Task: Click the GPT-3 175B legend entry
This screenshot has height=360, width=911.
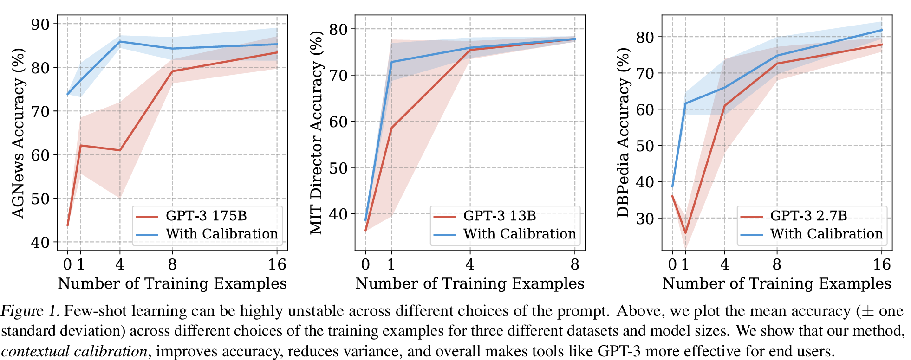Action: click(x=206, y=216)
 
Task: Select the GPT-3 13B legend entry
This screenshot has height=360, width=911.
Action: click(x=499, y=216)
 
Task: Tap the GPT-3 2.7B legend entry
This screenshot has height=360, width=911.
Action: click(x=808, y=216)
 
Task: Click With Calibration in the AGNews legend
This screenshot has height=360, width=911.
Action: click(x=221, y=234)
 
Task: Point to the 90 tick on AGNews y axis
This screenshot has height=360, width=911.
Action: click(x=40, y=24)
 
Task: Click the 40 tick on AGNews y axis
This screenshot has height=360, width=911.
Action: click(x=40, y=242)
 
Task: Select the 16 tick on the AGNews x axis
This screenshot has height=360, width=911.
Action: click(x=277, y=264)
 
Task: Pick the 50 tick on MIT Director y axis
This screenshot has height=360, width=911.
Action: click(x=338, y=168)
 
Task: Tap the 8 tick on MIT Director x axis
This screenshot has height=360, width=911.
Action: click(x=575, y=264)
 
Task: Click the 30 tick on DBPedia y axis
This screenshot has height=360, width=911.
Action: click(x=645, y=219)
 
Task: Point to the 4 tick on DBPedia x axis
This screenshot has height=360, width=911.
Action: click(x=724, y=264)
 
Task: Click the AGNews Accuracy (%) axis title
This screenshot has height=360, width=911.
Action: click(x=18, y=133)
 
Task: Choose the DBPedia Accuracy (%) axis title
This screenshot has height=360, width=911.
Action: click(x=623, y=133)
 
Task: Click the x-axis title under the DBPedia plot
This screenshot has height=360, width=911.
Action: click(x=776, y=283)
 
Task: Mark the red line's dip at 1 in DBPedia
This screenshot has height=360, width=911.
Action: click(x=685, y=233)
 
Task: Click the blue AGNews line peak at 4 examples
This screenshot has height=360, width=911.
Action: click(x=120, y=41)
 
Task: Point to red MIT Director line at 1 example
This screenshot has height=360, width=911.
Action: click(x=391, y=128)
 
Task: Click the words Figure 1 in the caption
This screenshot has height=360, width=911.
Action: click(x=29, y=311)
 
